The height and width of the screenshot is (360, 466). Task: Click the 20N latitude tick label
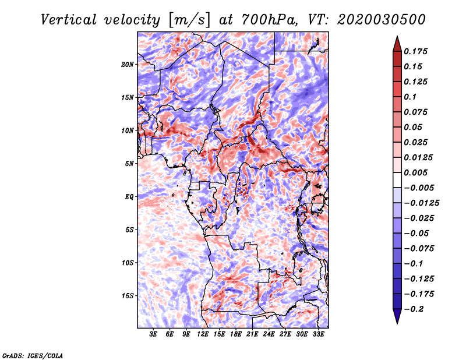[x=128, y=64]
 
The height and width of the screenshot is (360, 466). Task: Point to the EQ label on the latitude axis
[x=129, y=196]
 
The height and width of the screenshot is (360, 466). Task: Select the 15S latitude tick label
[x=128, y=295]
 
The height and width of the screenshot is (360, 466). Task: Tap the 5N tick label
[x=129, y=164]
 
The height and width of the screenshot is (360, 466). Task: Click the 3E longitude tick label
[x=153, y=334]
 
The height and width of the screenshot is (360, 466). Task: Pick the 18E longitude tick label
[x=236, y=334]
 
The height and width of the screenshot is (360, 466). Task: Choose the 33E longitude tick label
[x=318, y=334]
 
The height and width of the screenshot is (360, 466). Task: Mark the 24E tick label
[x=269, y=334]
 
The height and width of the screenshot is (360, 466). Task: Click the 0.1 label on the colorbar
[x=411, y=97]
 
